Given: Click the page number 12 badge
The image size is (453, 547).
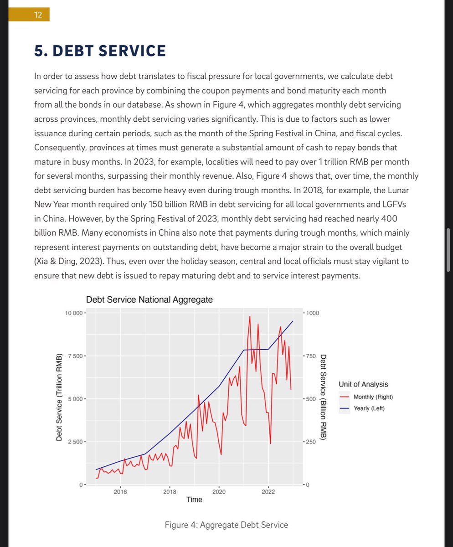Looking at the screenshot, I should (38, 15).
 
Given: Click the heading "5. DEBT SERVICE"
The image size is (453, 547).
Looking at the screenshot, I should (100, 51).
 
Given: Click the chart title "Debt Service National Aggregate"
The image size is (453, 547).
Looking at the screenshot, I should (149, 300).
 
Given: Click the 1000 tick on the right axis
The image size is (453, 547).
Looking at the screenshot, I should (313, 313).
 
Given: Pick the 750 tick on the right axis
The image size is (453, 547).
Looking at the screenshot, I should (311, 356).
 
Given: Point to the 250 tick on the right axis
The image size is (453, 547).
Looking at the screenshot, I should (311, 442).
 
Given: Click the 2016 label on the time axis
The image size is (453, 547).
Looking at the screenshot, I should (120, 491).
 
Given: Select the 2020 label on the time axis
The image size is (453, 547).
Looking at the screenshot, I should (219, 491).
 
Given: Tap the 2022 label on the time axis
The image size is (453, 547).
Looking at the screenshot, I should (268, 491).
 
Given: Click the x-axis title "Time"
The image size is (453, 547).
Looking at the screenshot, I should (194, 500).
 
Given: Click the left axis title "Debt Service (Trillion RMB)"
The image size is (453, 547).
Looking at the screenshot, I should (59, 399).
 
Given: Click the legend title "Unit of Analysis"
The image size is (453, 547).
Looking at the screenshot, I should (363, 384).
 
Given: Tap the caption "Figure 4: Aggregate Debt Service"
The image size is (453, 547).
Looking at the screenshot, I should (226, 525).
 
